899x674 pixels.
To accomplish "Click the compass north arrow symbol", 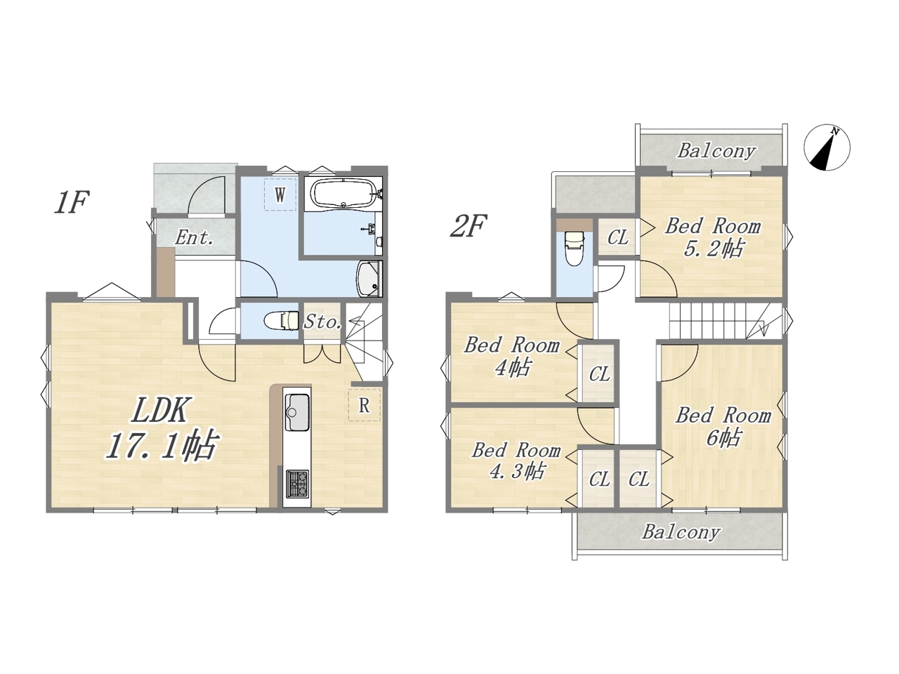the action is [x=827, y=147].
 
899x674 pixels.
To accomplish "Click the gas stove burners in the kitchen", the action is [x=296, y=484].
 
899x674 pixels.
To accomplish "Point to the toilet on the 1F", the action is [x=282, y=320].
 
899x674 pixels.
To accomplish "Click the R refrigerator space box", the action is [x=364, y=405].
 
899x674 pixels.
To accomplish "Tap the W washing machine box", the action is [x=280, y=194].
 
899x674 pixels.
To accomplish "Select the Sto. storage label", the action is [x=322, y=322].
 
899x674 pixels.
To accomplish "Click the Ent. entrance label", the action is [x=194, y=237].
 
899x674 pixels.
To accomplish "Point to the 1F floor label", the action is [x=72, y=202].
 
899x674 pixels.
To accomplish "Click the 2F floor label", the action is [x=468, y=226].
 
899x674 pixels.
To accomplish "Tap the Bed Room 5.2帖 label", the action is [x=713, y=237].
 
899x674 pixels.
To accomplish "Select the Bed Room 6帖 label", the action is [x=723, y=426].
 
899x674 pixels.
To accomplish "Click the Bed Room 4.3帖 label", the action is [x=516, y=461].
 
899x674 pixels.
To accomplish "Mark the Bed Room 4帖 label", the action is [x=512, y=356].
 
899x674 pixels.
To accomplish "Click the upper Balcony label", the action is [x=716, y=152].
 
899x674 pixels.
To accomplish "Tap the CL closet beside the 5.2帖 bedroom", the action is [x=617, y=237].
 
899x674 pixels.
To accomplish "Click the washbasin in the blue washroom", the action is [x=369, y=279].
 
